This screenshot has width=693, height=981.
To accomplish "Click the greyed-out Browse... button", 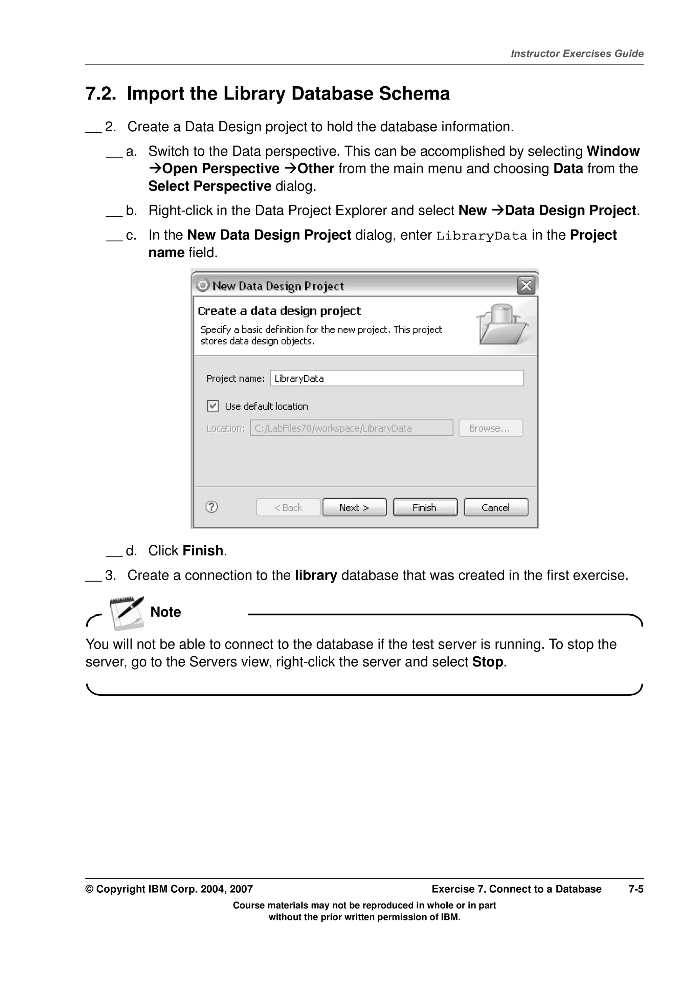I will pyautogui.click(x=490, y=428).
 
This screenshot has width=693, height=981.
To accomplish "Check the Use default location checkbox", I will pyautogui.click(x=213, y=406).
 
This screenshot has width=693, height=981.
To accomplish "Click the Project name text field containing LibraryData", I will pyautogui.click(x=397, y=378).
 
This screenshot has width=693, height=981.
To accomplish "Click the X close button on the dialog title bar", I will pyautogui.click(x=526, y=285).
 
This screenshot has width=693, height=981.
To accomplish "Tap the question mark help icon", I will pyautogui.click(x=212, y=507).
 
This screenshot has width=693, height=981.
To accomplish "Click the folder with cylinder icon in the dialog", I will pyautogui.click(x=502, y=325).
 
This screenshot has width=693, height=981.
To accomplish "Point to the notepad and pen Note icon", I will pyautogui.click(x=127, y=613).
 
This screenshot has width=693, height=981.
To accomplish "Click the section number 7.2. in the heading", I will pyautogui.click(x=101, y=93).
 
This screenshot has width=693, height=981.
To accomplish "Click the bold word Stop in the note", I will pyautogui.click(x=488, y=662).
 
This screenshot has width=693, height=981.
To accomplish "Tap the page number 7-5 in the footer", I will pyautogui.click(x=636, y=889).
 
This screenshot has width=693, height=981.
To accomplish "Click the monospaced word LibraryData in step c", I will pyautogui.click(x=482, y=236).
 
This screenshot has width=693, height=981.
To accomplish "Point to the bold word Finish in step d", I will pyautogui.click(x=203, y=551).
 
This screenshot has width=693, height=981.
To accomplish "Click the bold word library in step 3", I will pyautogui.click(x=316, y=575).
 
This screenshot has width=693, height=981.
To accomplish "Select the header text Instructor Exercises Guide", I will pyautogui.click(x=577, y=54).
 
